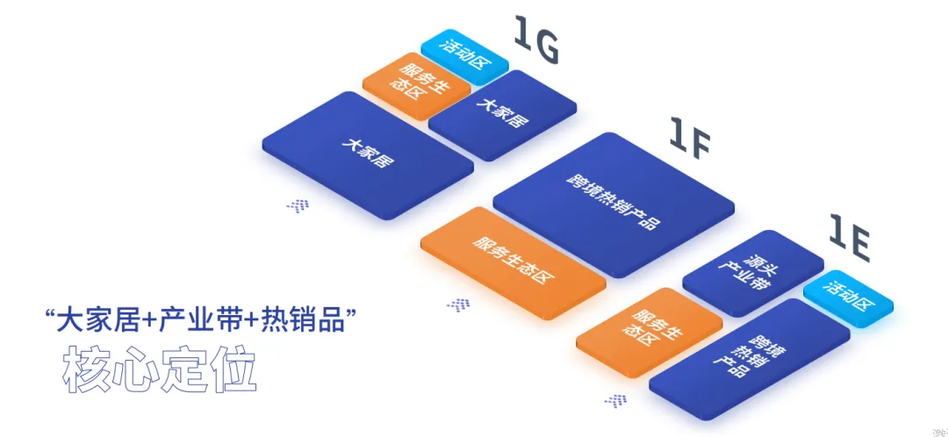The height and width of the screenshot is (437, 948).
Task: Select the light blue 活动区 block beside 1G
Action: tap(464, 54)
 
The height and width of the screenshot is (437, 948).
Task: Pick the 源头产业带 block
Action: tap(752, 273)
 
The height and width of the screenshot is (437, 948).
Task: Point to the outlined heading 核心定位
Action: tap(159, 370)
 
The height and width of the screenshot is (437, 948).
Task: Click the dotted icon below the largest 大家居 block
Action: tap(298, 205)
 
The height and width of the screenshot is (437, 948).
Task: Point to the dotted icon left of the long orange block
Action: tap(458, 304)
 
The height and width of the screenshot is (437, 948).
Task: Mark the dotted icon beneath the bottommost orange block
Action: tap(615, 400)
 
